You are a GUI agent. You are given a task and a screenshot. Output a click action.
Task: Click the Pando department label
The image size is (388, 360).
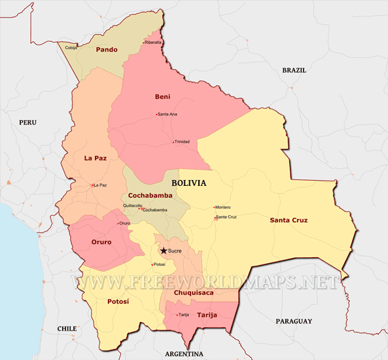pos(106,50)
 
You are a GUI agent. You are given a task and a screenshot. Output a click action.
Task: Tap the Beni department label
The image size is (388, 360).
pos(162,97)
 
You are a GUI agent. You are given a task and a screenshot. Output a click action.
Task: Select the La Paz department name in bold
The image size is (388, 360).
pos(96,158)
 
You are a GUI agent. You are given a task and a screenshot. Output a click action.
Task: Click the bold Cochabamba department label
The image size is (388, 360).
pos(150,195)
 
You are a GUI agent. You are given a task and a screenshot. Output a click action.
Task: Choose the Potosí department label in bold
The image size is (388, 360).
pos(118,301)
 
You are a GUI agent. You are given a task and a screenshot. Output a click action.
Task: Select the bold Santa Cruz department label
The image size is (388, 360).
pos(289,220)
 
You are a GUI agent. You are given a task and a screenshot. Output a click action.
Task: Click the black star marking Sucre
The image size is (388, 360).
pos(163,250)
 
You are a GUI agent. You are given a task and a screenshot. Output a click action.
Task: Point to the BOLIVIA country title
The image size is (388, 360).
pos(188,183)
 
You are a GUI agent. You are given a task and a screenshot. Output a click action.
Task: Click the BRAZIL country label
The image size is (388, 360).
pos(294,70)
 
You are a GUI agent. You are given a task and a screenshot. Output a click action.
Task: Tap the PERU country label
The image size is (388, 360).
pos(27,122)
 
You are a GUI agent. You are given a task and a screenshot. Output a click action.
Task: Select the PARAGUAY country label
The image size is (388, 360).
pos(292,321)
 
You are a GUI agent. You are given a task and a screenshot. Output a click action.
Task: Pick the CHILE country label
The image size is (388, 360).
pos(67,329)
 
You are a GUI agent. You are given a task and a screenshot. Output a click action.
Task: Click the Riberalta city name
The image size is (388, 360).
pos(153,43)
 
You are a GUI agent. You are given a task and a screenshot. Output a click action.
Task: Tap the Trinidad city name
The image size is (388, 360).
pos(182,142)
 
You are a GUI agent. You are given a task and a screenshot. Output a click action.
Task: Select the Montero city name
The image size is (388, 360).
pos(223,207)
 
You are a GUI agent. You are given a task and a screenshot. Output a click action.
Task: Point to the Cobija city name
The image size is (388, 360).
pos(71,47)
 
